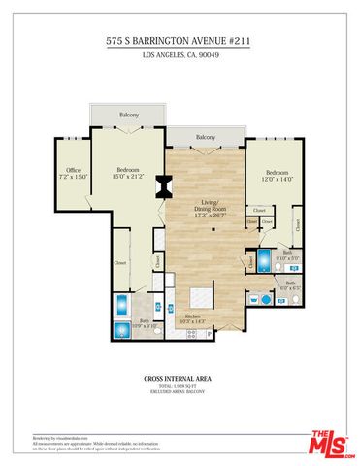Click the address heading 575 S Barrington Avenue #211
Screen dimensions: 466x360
pyautogui.click(x=180, y=42)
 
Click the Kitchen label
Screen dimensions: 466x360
pyautogui.click(x=189, y=318)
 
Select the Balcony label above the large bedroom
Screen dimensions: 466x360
pyautogui.click(x=128, y=116)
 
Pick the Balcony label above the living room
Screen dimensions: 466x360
pyautogui.click(x=205, y=137)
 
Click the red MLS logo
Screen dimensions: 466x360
pyautogui.click(x=330, y=442)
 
